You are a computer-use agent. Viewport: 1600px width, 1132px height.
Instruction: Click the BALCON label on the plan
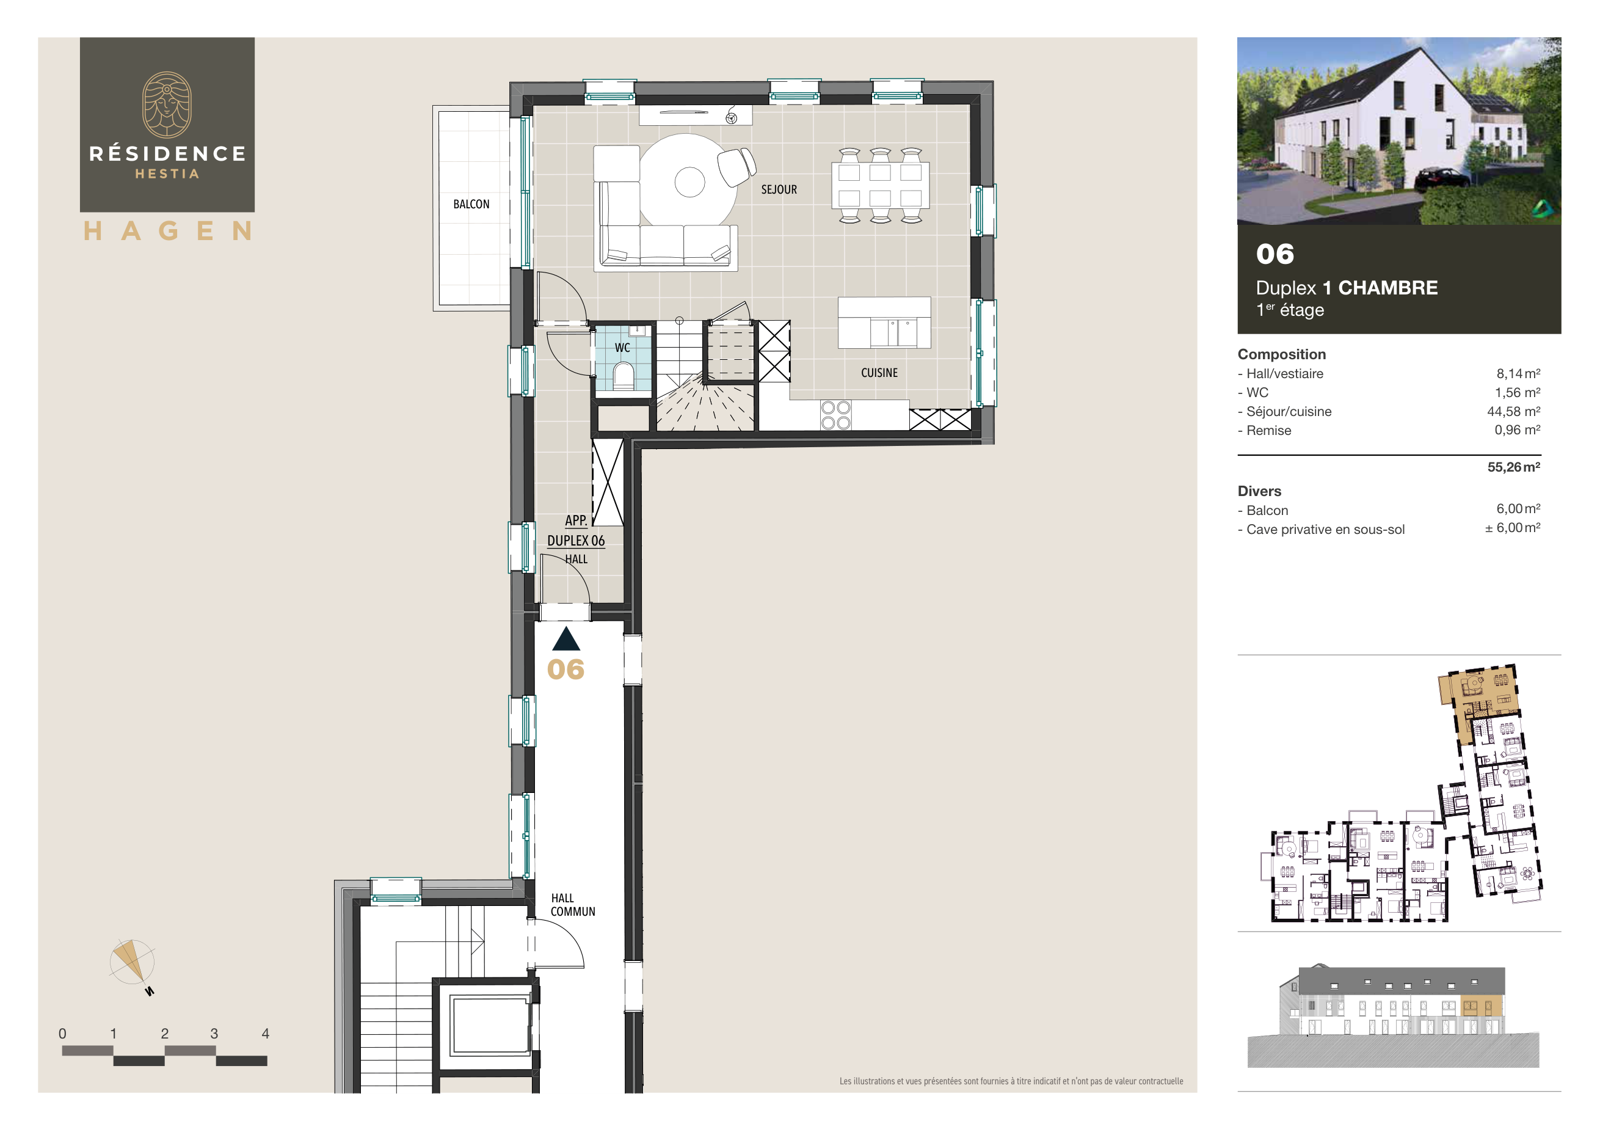[x=471, y=204]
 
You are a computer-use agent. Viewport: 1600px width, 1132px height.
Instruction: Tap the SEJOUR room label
[x=779, y=189]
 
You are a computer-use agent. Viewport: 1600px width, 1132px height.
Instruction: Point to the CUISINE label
[x=879, y=373]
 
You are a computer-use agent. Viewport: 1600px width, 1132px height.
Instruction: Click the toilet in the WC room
[x=623, y=377]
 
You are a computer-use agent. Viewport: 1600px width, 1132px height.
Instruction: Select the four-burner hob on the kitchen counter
[x=835, y=415]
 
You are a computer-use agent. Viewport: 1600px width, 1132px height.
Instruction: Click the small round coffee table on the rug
[x=689, y=183]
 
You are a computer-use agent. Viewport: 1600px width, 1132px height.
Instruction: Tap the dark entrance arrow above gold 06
[x=566, y=639]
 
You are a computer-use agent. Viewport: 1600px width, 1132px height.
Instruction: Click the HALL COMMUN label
[x=572, y=905]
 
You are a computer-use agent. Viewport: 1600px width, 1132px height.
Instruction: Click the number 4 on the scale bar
[x=265, y=1034]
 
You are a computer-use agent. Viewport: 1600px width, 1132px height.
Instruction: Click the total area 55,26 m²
[x=1513, y=467]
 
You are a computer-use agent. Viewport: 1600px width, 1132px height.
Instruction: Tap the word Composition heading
[x=1281, y=354]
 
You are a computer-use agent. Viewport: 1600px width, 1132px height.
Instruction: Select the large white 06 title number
[x=1275, y=254]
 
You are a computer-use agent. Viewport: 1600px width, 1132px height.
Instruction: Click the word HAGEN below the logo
[x=167, y=232]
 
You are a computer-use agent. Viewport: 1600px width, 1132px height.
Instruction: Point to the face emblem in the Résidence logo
[x=167, y=104]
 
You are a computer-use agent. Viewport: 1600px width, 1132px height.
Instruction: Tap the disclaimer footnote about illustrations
[x=1011, y=1081]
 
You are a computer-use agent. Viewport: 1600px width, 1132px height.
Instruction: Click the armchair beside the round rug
[x=736, y=167]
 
